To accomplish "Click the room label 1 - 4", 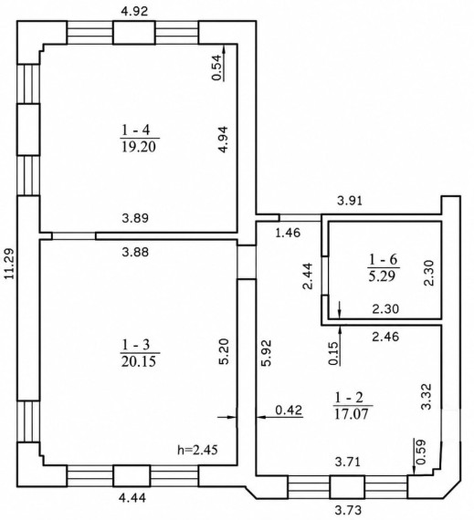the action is (x=136, y=130).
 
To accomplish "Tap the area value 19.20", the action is (x=139, y=147).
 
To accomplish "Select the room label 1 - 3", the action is (x=136, y=345).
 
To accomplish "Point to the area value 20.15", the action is (x=139, y=361).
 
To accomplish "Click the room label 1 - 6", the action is (x=384, y=259).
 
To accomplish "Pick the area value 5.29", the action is (x=384, y=276).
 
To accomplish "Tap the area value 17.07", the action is (x=352, y=414).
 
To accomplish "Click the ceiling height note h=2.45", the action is (x=198, y=450).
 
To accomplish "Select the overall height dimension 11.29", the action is (x=10, y=264).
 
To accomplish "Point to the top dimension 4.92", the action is (x=134, y=11).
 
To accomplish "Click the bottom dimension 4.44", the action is (x=133, y=497).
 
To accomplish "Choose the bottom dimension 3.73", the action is (x=348, y=510).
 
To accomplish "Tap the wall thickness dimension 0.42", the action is (x=290, y=410).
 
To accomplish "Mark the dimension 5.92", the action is (x=267, y=352).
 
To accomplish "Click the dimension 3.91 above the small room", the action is (x=350, y=201).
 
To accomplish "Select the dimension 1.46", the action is (x=288, y=233).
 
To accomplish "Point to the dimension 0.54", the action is (x=216, y=68).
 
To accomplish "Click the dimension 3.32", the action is (x=426, y=396).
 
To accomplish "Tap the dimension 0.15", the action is (x=334, y=354).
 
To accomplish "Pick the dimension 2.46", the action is (x=385, y=337).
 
